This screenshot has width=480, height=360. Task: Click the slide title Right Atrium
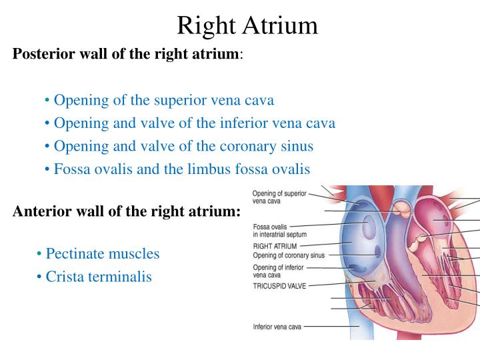tap(247, 25)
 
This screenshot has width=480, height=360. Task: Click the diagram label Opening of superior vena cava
tap(279, 197)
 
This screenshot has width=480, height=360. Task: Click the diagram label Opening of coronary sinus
tap(289, 255)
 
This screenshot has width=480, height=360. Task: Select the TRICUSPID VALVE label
tap(280, 285)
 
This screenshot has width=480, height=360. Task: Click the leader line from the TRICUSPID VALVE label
tap(328, 283)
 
